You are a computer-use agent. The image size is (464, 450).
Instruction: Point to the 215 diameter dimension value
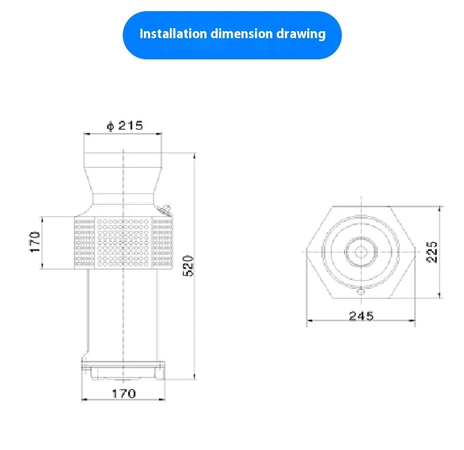(130, 126)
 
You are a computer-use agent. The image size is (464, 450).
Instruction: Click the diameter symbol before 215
(109, 126)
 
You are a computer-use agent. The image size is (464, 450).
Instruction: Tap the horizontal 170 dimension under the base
(123, 394)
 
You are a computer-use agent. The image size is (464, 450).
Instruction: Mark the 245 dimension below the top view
(361, 315)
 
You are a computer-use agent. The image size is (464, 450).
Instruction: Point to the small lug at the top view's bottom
(361, 291)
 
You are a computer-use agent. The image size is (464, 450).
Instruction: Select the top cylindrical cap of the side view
(123, 160)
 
